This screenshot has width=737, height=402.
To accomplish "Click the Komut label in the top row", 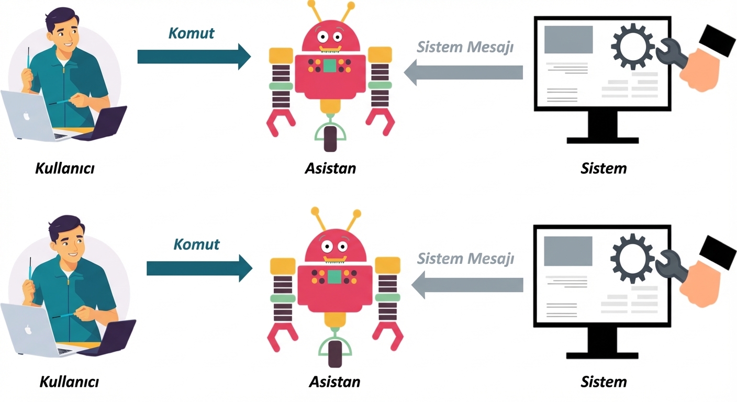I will (x=191, y=33).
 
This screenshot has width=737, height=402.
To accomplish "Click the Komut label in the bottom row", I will (x=196, y=244).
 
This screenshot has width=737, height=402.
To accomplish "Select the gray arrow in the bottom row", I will (x=467, y=285).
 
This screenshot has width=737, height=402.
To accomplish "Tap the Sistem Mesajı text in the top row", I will (x=465, y=47).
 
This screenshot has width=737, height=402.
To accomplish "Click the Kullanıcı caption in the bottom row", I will (x=69, y=382).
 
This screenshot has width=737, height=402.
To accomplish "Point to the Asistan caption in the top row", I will (x=330, y=169).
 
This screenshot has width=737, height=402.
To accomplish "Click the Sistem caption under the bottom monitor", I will (x=603, y=382).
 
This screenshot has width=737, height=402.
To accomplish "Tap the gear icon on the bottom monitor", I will (x=632, y=256).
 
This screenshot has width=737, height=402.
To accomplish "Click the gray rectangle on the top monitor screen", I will (x=568, y=40).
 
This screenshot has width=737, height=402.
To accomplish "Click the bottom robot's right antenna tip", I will (x=356, y=214).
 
